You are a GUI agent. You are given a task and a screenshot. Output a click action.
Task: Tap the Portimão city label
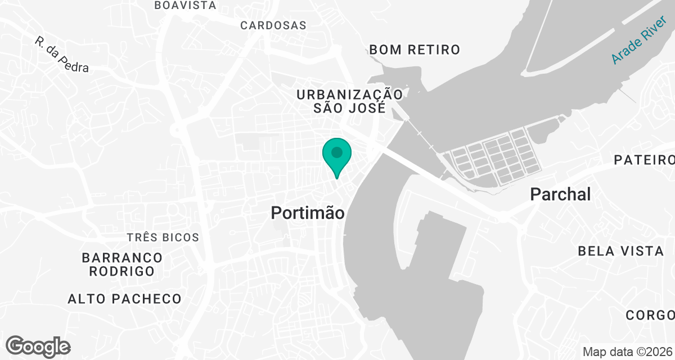tap(307, 213)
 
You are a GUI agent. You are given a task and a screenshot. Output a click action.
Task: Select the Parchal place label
tap(560, 195)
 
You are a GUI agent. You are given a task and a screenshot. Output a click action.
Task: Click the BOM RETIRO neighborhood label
tap(415, 49)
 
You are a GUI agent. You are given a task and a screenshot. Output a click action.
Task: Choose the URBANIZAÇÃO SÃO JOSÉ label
tap(349, 101)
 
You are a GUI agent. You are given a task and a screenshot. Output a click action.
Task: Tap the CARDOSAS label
tap(273, 25)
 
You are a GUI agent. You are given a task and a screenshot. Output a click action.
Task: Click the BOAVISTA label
tap(185, 5)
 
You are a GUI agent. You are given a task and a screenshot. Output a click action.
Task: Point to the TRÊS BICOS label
tap(163, 237)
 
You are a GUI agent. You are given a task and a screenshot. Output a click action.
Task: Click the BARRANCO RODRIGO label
tap(122, 264)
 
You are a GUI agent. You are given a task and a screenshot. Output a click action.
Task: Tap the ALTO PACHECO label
tap(124, 299)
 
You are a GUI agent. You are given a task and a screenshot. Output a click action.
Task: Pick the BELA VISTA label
tap(621, 251)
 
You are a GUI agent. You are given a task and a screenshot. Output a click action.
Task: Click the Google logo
tap(38, 346)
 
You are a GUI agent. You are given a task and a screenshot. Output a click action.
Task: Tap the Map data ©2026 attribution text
tap(627, 352)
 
